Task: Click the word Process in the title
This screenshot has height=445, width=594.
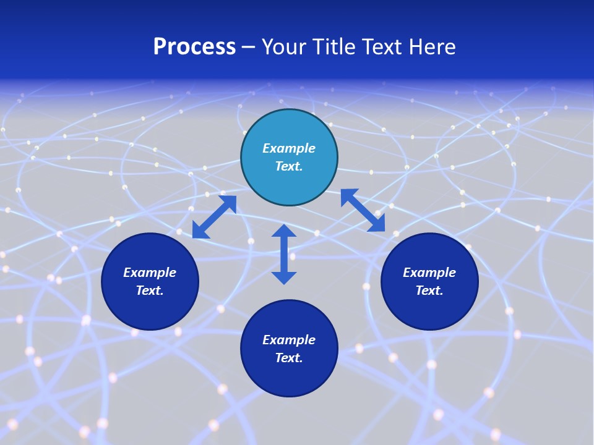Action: coord(194,47)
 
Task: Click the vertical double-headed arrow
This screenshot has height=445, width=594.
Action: coord(284,254)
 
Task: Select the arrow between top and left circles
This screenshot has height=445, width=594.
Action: coord(214,217)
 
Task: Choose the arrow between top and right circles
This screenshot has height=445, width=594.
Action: coord(363,211)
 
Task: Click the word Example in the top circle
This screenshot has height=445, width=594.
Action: coord(289,148)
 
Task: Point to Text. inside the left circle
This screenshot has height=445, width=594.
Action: coord(150,290)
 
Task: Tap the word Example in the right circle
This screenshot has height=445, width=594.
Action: coord(429,273)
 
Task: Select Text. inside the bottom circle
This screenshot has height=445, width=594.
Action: coord(289,358)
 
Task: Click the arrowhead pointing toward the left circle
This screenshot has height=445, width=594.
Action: coord(200,231)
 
